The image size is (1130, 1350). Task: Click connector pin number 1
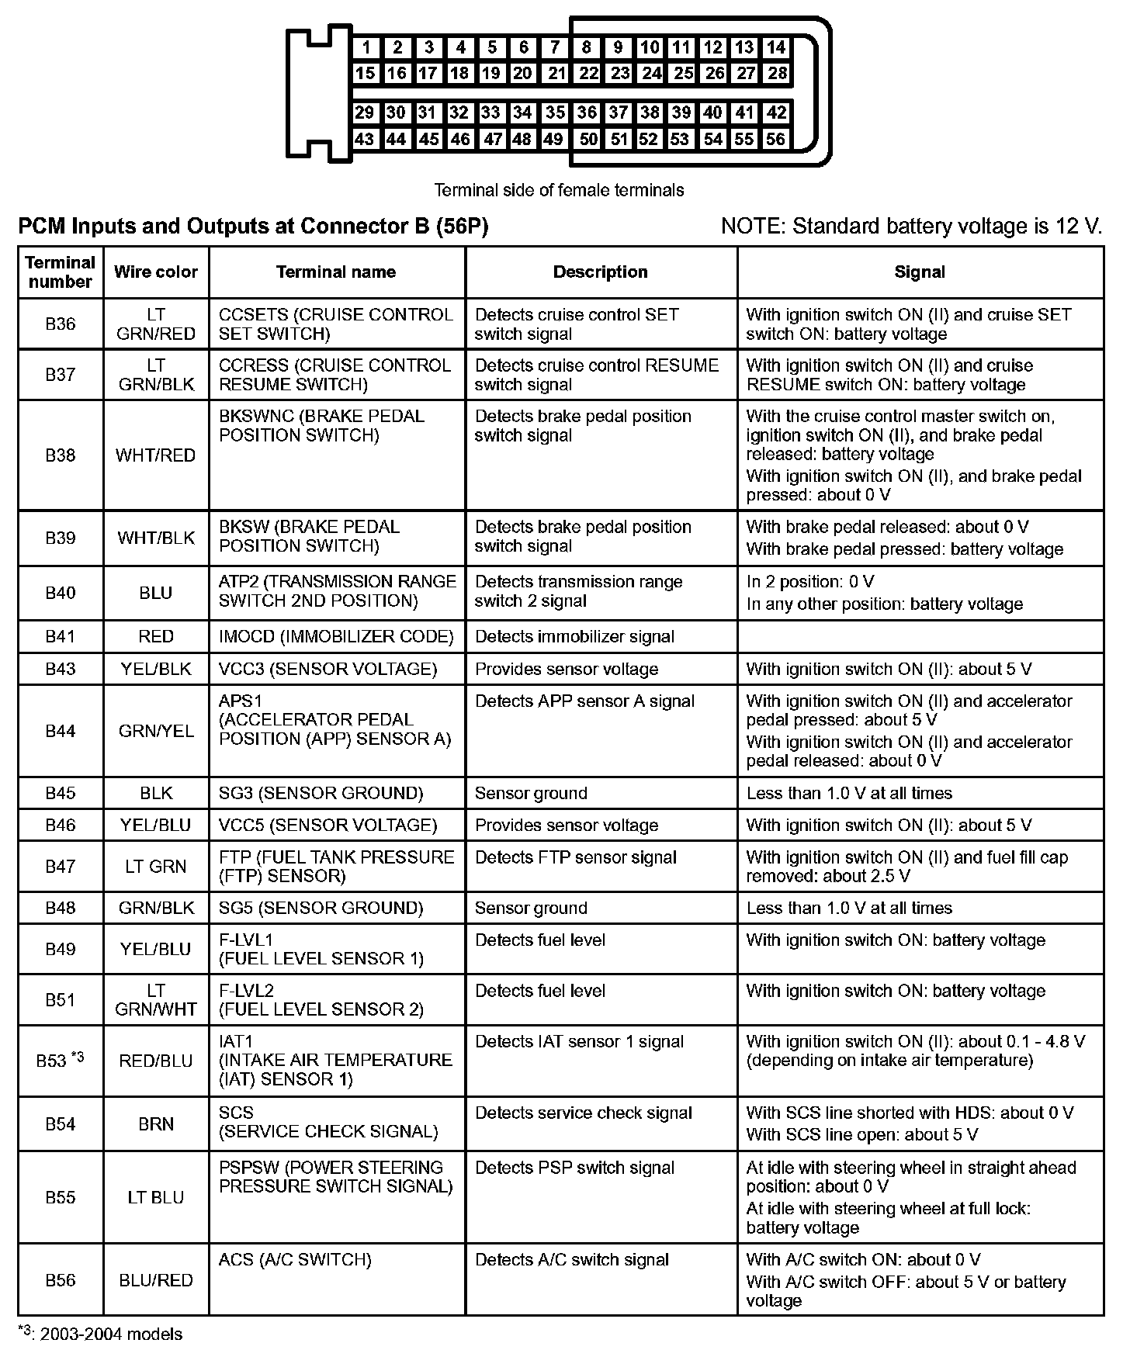tap(366, 47)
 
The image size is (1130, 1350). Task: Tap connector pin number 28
tap(777, 74)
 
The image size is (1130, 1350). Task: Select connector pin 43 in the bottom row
tap(364, 140)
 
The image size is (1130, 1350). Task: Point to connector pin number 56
tap(775, 140)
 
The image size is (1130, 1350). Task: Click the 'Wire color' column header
tap(156, 272)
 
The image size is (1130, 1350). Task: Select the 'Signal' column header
tap(920, 272)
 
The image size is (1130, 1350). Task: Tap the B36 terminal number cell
tap(61, 324)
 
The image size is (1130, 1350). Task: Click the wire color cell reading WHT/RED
tap(156, 455)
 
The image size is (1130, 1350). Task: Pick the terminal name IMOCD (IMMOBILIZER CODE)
tap(336, 637)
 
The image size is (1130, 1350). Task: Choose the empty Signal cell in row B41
tap(920, 637)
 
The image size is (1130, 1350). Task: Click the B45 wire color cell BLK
tap(156, 793)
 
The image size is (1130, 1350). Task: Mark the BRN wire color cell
tap(156, 1124)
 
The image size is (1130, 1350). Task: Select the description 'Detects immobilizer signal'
tap(574, 637)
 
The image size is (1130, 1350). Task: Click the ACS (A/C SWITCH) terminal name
tap(295, 1260)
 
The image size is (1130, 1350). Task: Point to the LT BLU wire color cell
tap(156, 1198)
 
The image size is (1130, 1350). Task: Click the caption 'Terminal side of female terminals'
tap(559, 190)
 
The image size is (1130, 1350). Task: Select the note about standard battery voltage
tap(911, 227)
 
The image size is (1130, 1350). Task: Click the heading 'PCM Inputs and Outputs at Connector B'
tap(253, 227)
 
